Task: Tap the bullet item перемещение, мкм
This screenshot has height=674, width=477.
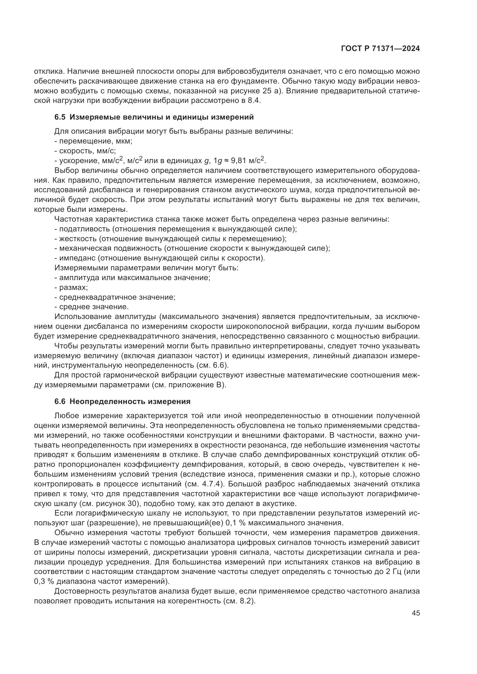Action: tap(93, 141)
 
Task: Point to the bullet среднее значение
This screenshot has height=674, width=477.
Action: tap(92, 307)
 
